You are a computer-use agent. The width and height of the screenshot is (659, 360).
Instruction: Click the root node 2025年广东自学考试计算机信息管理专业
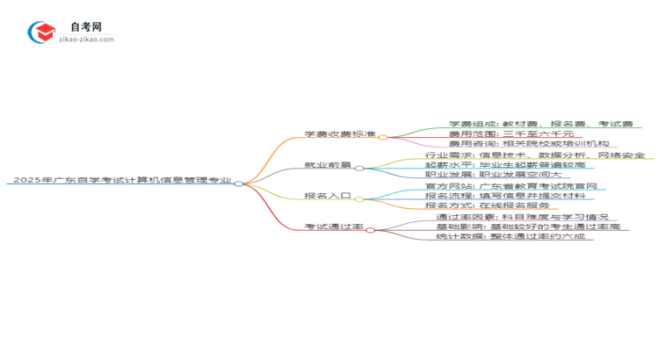point(122,180)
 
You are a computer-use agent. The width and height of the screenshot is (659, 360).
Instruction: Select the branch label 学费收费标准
point(339,134)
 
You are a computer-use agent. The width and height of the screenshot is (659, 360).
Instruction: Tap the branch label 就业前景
point(327,165)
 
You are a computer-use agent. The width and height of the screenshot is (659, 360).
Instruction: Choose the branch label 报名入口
point(327,197)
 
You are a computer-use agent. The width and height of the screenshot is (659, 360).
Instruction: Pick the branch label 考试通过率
point(333,227)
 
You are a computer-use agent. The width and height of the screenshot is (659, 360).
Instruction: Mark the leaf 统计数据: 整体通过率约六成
point(515,236)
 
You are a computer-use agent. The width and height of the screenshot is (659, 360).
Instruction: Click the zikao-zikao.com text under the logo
point(86,40)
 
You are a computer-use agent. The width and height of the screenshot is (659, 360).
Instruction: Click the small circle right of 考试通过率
point(371,229)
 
